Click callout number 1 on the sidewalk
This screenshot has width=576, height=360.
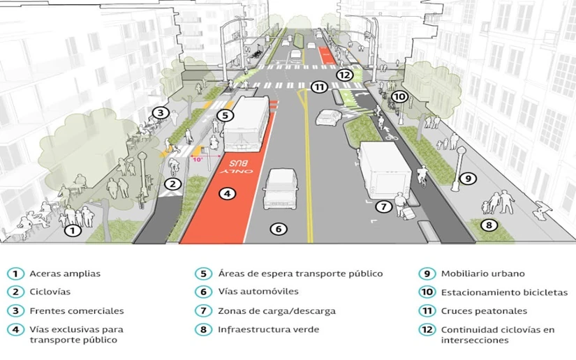pos(73,230)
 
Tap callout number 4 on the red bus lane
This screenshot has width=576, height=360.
pos(228,193)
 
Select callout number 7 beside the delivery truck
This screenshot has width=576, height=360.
pos(383,207)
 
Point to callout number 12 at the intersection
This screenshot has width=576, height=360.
pos(345,75)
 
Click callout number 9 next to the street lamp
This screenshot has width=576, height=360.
pos(468,179)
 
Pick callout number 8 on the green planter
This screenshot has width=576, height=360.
pos(489,225)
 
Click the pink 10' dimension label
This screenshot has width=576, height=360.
pos(198,160)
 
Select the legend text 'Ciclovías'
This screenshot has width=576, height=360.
pos(50,292)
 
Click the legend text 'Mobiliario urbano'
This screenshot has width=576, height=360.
pos(482,273)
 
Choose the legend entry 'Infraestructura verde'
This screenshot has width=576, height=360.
pos(268,329)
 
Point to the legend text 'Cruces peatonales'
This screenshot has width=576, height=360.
pos(484,311)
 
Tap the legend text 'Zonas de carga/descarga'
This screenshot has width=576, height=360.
pos(276,311)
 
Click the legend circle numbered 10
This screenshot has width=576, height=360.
pos(427,292)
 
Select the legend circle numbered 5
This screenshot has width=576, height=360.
pos(203,273)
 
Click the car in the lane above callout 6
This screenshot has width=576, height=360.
pos(280,189)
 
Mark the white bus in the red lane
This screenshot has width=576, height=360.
pos(246,123)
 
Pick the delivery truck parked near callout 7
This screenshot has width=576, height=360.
pos(385,170)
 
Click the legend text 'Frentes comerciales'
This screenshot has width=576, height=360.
pos(77,311)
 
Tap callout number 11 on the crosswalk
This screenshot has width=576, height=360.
pos(319,87)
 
